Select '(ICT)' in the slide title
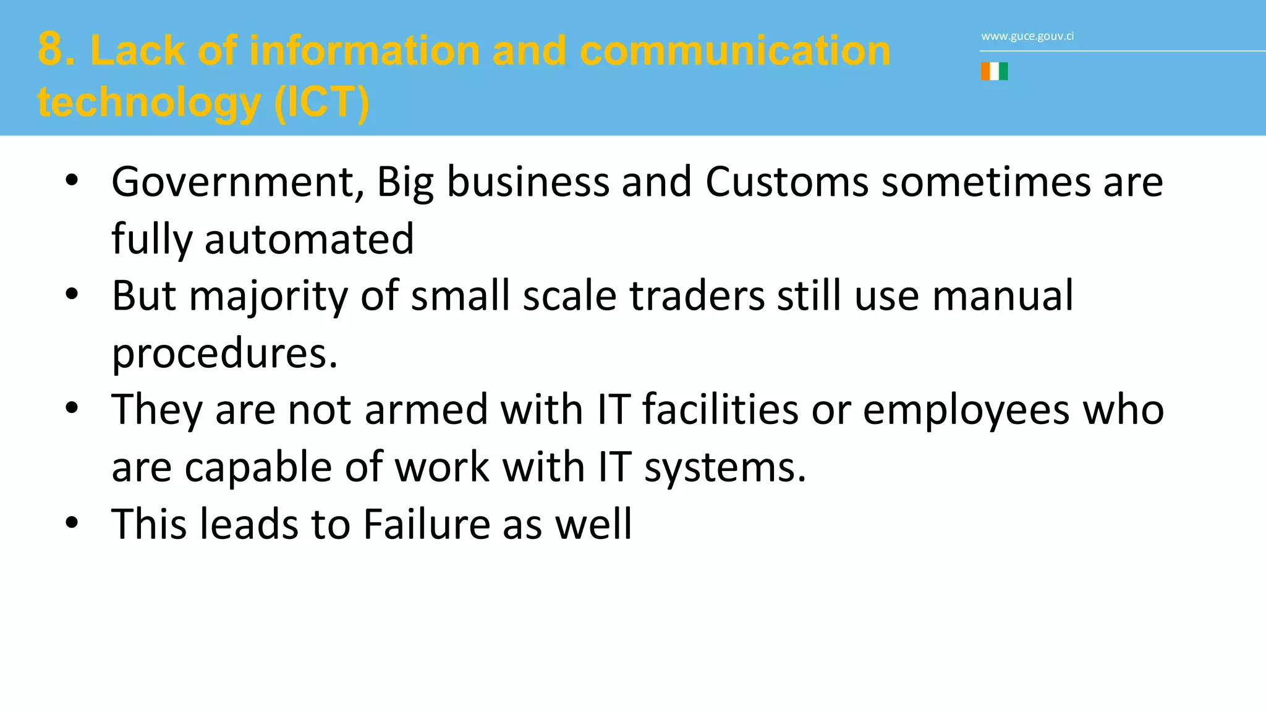[321, 102]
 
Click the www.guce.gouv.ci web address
[1027, 36]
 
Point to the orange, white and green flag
[994, 72]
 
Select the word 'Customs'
[786, 182]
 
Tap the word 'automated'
[309, 239]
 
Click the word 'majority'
[268, 296]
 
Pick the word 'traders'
[697, 296]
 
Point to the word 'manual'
[1003, 296]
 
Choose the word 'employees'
[966, 410]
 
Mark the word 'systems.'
[725, 467]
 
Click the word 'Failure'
[427, 524]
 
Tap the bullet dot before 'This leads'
[72, 522]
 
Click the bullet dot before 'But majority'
[72, 294]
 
